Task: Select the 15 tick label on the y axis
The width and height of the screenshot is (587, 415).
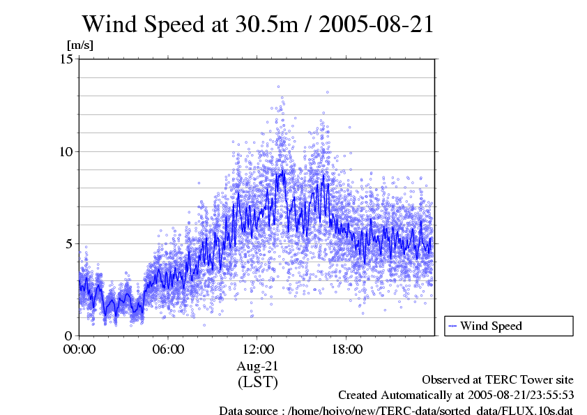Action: click(x=67, y=59)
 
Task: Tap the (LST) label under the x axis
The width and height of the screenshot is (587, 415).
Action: click(x=257, y=382)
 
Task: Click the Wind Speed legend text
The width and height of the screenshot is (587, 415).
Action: click(x=491, y=326)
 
